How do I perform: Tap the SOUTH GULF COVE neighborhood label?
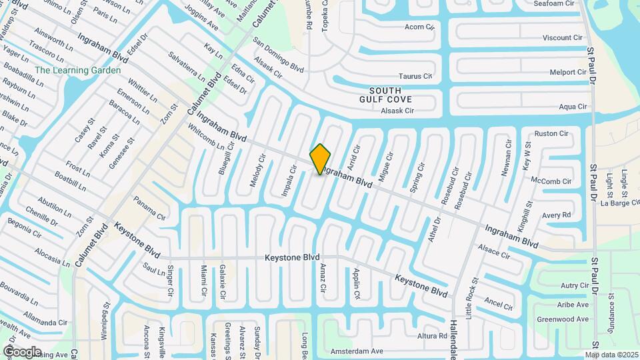tap(380, 95)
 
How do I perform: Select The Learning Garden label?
tap(78, 71)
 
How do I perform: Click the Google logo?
tap(23, 351)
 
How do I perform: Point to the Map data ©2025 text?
tap(611, 355)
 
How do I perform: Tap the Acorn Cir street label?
tap(419, 27)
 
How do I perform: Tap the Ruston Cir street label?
tap(551, 133)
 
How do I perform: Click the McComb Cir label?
tap(551, 181)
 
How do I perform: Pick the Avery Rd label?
tap(556, 215)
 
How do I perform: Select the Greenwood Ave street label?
tap(563, 319)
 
